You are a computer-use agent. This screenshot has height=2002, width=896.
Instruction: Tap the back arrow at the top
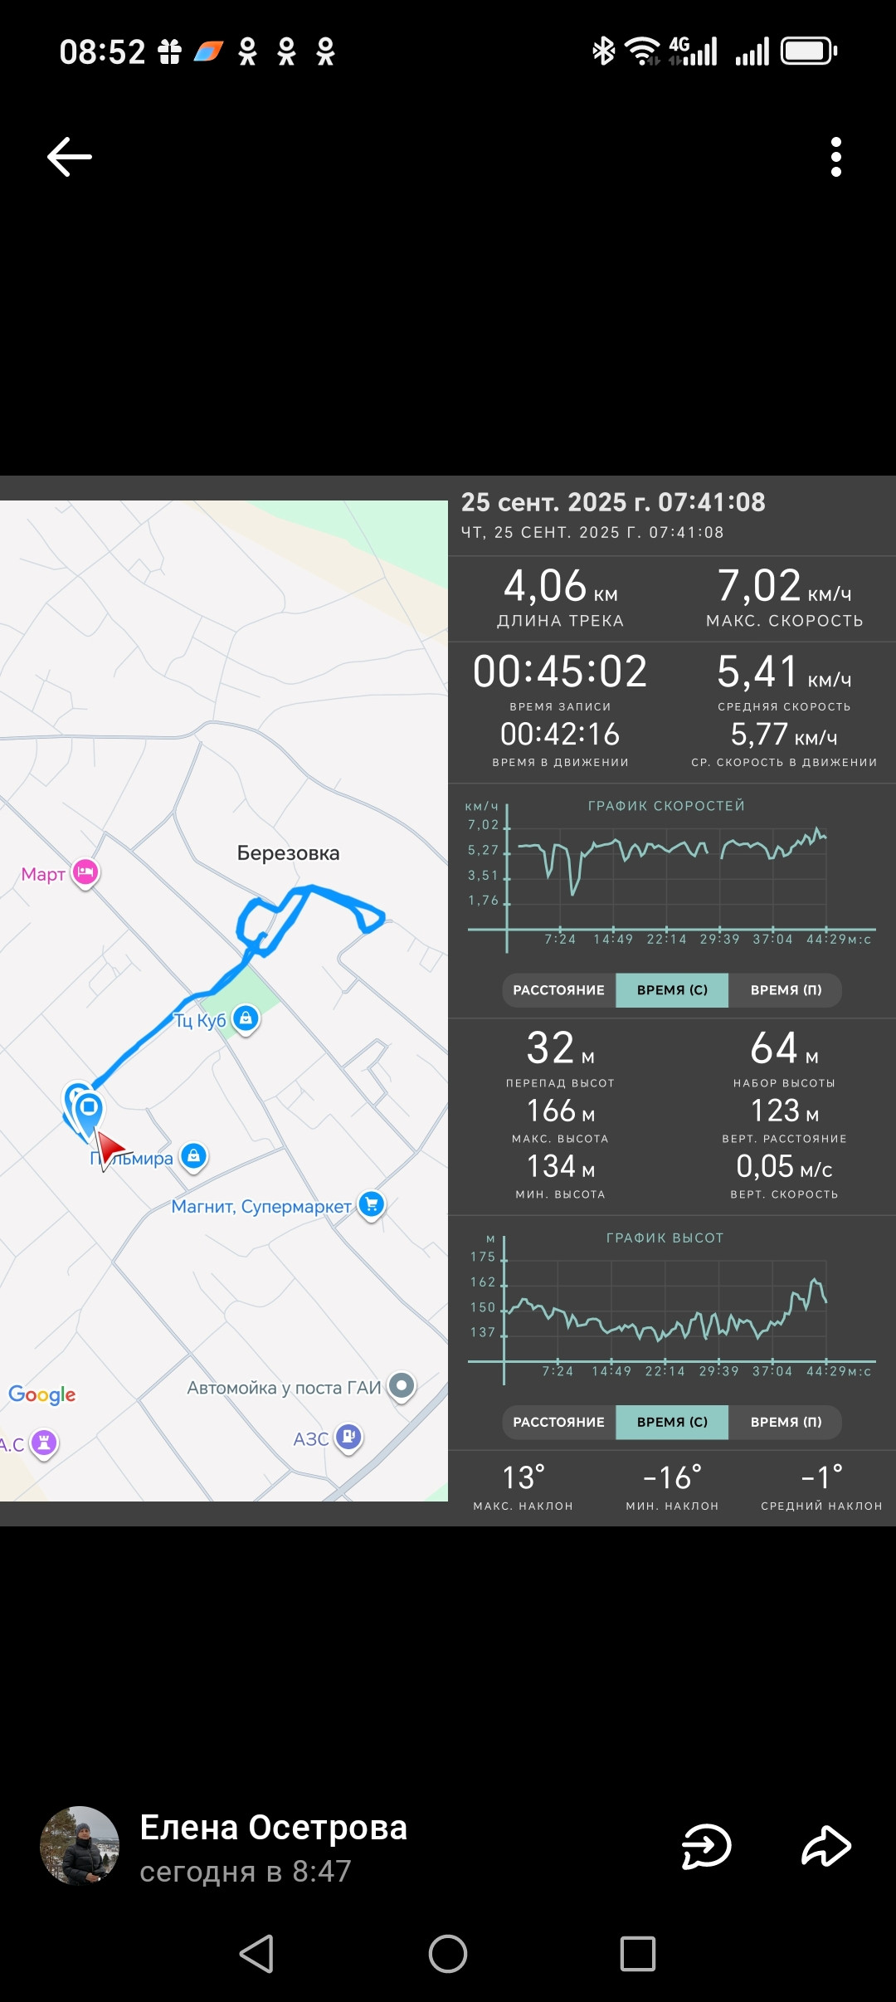click(70, 157)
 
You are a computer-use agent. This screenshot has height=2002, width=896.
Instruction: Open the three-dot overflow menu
click(836, 157)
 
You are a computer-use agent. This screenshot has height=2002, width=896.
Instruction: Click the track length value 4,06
click(545, 586)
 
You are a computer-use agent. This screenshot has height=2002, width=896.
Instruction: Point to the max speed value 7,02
click(759, 586)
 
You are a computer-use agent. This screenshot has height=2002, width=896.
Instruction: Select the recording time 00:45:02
click(560, 671)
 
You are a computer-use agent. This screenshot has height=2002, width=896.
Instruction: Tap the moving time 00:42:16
click(560, 735)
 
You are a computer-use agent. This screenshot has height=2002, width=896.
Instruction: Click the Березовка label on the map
click(288, 853)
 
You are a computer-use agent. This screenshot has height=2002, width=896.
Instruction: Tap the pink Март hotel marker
click(85, 873)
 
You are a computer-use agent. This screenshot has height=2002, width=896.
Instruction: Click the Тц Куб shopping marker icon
click(246, 1018)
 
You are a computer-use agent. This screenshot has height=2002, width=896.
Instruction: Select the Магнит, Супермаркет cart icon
click(372, 1204)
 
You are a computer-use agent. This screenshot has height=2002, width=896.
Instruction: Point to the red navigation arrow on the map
click(110, 1150)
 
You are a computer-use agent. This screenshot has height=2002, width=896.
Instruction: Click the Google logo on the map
click(42, 1394)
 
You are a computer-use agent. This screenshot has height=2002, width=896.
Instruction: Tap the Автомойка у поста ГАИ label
click(284, 1388)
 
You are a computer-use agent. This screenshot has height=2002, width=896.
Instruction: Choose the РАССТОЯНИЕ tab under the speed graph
click(559, 990)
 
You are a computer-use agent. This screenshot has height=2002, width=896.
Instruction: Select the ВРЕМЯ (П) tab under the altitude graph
click(786, 1422)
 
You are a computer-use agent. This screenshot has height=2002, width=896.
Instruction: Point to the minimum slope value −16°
click(673, 1477)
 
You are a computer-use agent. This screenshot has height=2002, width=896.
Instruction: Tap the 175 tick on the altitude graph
click(483, 1257)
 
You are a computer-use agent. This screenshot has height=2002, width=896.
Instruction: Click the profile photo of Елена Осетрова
click(80, 1846)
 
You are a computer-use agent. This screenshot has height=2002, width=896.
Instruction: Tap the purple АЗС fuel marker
click(348, 1438)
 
